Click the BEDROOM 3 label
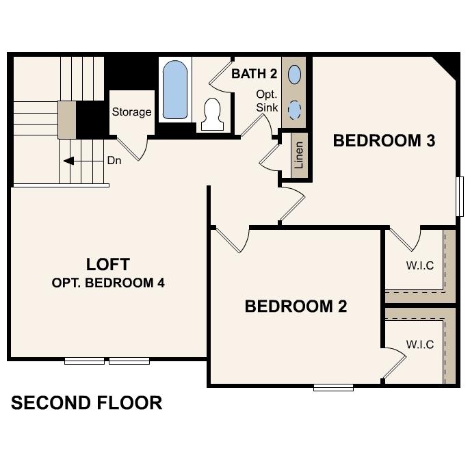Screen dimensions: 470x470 [384, 141]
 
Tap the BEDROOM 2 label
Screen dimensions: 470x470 [296, 306]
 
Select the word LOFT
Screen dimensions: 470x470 [107, 264]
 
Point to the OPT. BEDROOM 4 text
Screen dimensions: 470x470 [108, 283]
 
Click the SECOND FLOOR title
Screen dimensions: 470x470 [86, 403]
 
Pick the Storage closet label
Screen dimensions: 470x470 [131, 112]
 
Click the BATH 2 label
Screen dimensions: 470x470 [253, 73]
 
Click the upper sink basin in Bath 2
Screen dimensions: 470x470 [295, 73]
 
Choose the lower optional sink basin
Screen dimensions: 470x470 [295, 109]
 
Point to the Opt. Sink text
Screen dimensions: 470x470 [266, 101]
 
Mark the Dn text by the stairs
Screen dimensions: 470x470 [114, 161]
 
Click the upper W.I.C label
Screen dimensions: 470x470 [419, 265]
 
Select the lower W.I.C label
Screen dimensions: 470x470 [419, 344]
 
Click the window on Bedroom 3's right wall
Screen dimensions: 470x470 [460, 196]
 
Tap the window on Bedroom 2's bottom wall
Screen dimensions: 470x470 [333, 388]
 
